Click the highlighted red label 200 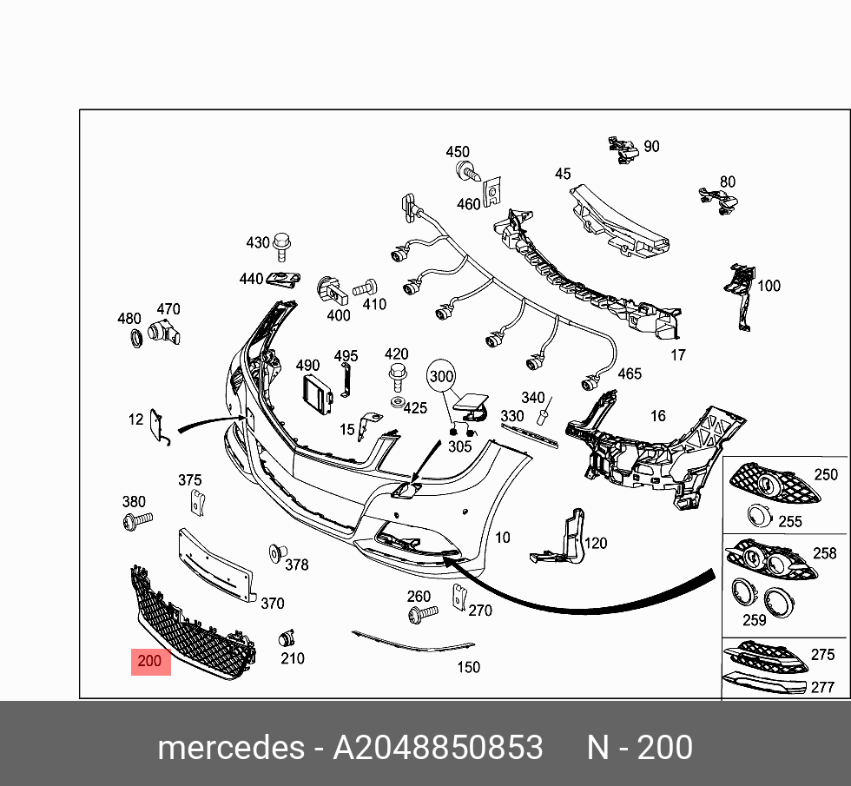pyautogui.click(x=150, y=662)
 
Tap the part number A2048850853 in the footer pyautogui.click(x=438, y=748)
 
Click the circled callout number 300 pyautogui.click(x=442, y=377)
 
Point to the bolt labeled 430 pyautogui.click(x=281, y=247)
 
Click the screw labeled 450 pyautogui.click(x=468, y=171)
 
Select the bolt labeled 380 pyautogui.click(x=136, y=520)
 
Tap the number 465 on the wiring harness pyautogui.click(x=629, y=373)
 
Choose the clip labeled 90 pyautogui.click(x=623, y=149)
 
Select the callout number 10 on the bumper pyautogui.click(x=503, y=538)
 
